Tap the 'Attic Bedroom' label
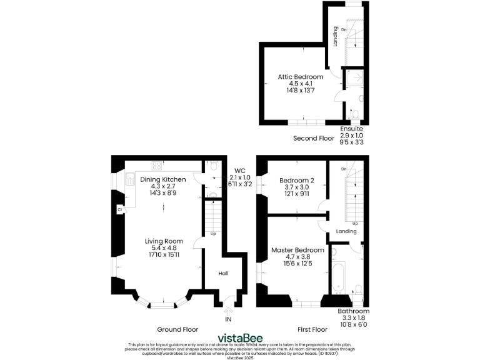[x=301, y=77]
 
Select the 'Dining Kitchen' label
[x=163, y=179]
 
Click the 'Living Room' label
[x=164, y=241]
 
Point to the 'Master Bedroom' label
[x=297, y=250]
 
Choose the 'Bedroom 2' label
[x=296, y=179]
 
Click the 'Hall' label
[x=223, y=273]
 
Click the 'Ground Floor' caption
[x=177, y=329]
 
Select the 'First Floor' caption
[x=311, y=329]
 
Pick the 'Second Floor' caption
[x=314, y=138]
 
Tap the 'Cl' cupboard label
[x=119, y=211]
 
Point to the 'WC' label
[x=240, y=170]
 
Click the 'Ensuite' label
[x=351, y=129]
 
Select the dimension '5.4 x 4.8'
[x=164, y=248]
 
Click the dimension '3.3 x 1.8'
[x=353, y=317]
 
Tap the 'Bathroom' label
[x=353, y=311]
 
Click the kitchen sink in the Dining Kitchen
[x=130, y=180]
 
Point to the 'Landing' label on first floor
[x=346, y=231]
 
